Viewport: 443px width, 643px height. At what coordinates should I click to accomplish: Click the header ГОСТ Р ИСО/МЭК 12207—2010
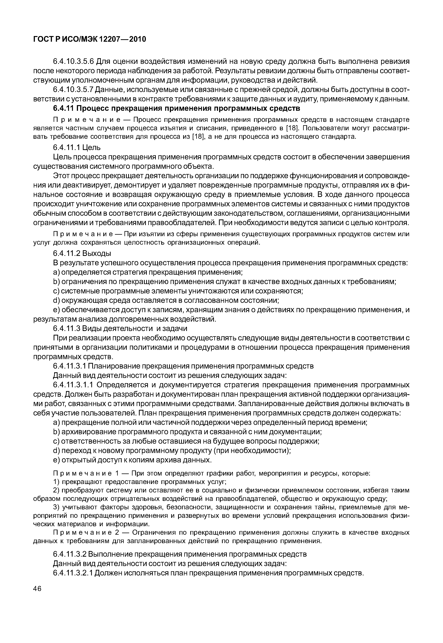(89, 39)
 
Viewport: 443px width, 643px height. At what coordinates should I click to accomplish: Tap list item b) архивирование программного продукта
(187, 432)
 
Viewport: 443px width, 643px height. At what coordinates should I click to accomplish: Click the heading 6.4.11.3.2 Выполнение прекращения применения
(180, 554)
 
